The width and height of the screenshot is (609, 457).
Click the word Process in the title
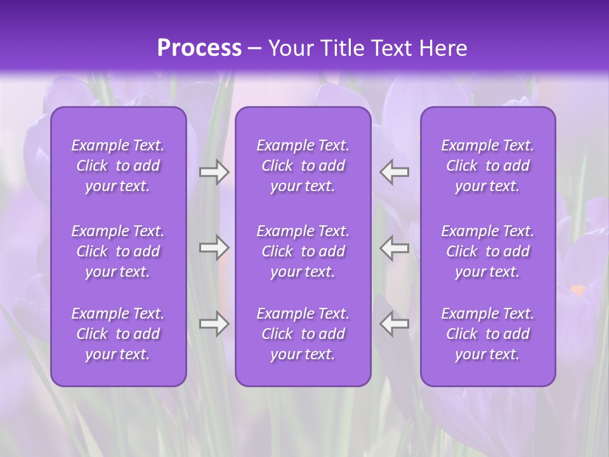point(199,48)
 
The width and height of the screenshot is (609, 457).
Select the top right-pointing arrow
point(214,172)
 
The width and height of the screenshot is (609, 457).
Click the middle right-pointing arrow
point(214,248)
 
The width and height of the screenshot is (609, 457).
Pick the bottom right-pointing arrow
point(214,324)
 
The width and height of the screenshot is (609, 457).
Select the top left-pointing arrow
point(395,172)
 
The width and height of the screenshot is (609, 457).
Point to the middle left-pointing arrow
point(395,248)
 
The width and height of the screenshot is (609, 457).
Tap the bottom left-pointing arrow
point(395,324)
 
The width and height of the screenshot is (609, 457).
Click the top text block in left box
point(118,166)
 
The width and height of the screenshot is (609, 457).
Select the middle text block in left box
point(118,251)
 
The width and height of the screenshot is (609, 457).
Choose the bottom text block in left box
point(118,334)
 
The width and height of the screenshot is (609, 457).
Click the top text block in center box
point(303,166)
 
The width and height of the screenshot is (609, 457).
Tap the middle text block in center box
point(303,251)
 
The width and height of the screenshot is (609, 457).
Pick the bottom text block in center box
point(303,334)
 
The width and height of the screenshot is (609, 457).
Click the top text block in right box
point(488,166)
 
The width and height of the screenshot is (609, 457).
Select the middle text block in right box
point(488,251)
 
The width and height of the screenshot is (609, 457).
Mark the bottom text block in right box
point(488,334)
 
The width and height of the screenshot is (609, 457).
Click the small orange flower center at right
point(578,291)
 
